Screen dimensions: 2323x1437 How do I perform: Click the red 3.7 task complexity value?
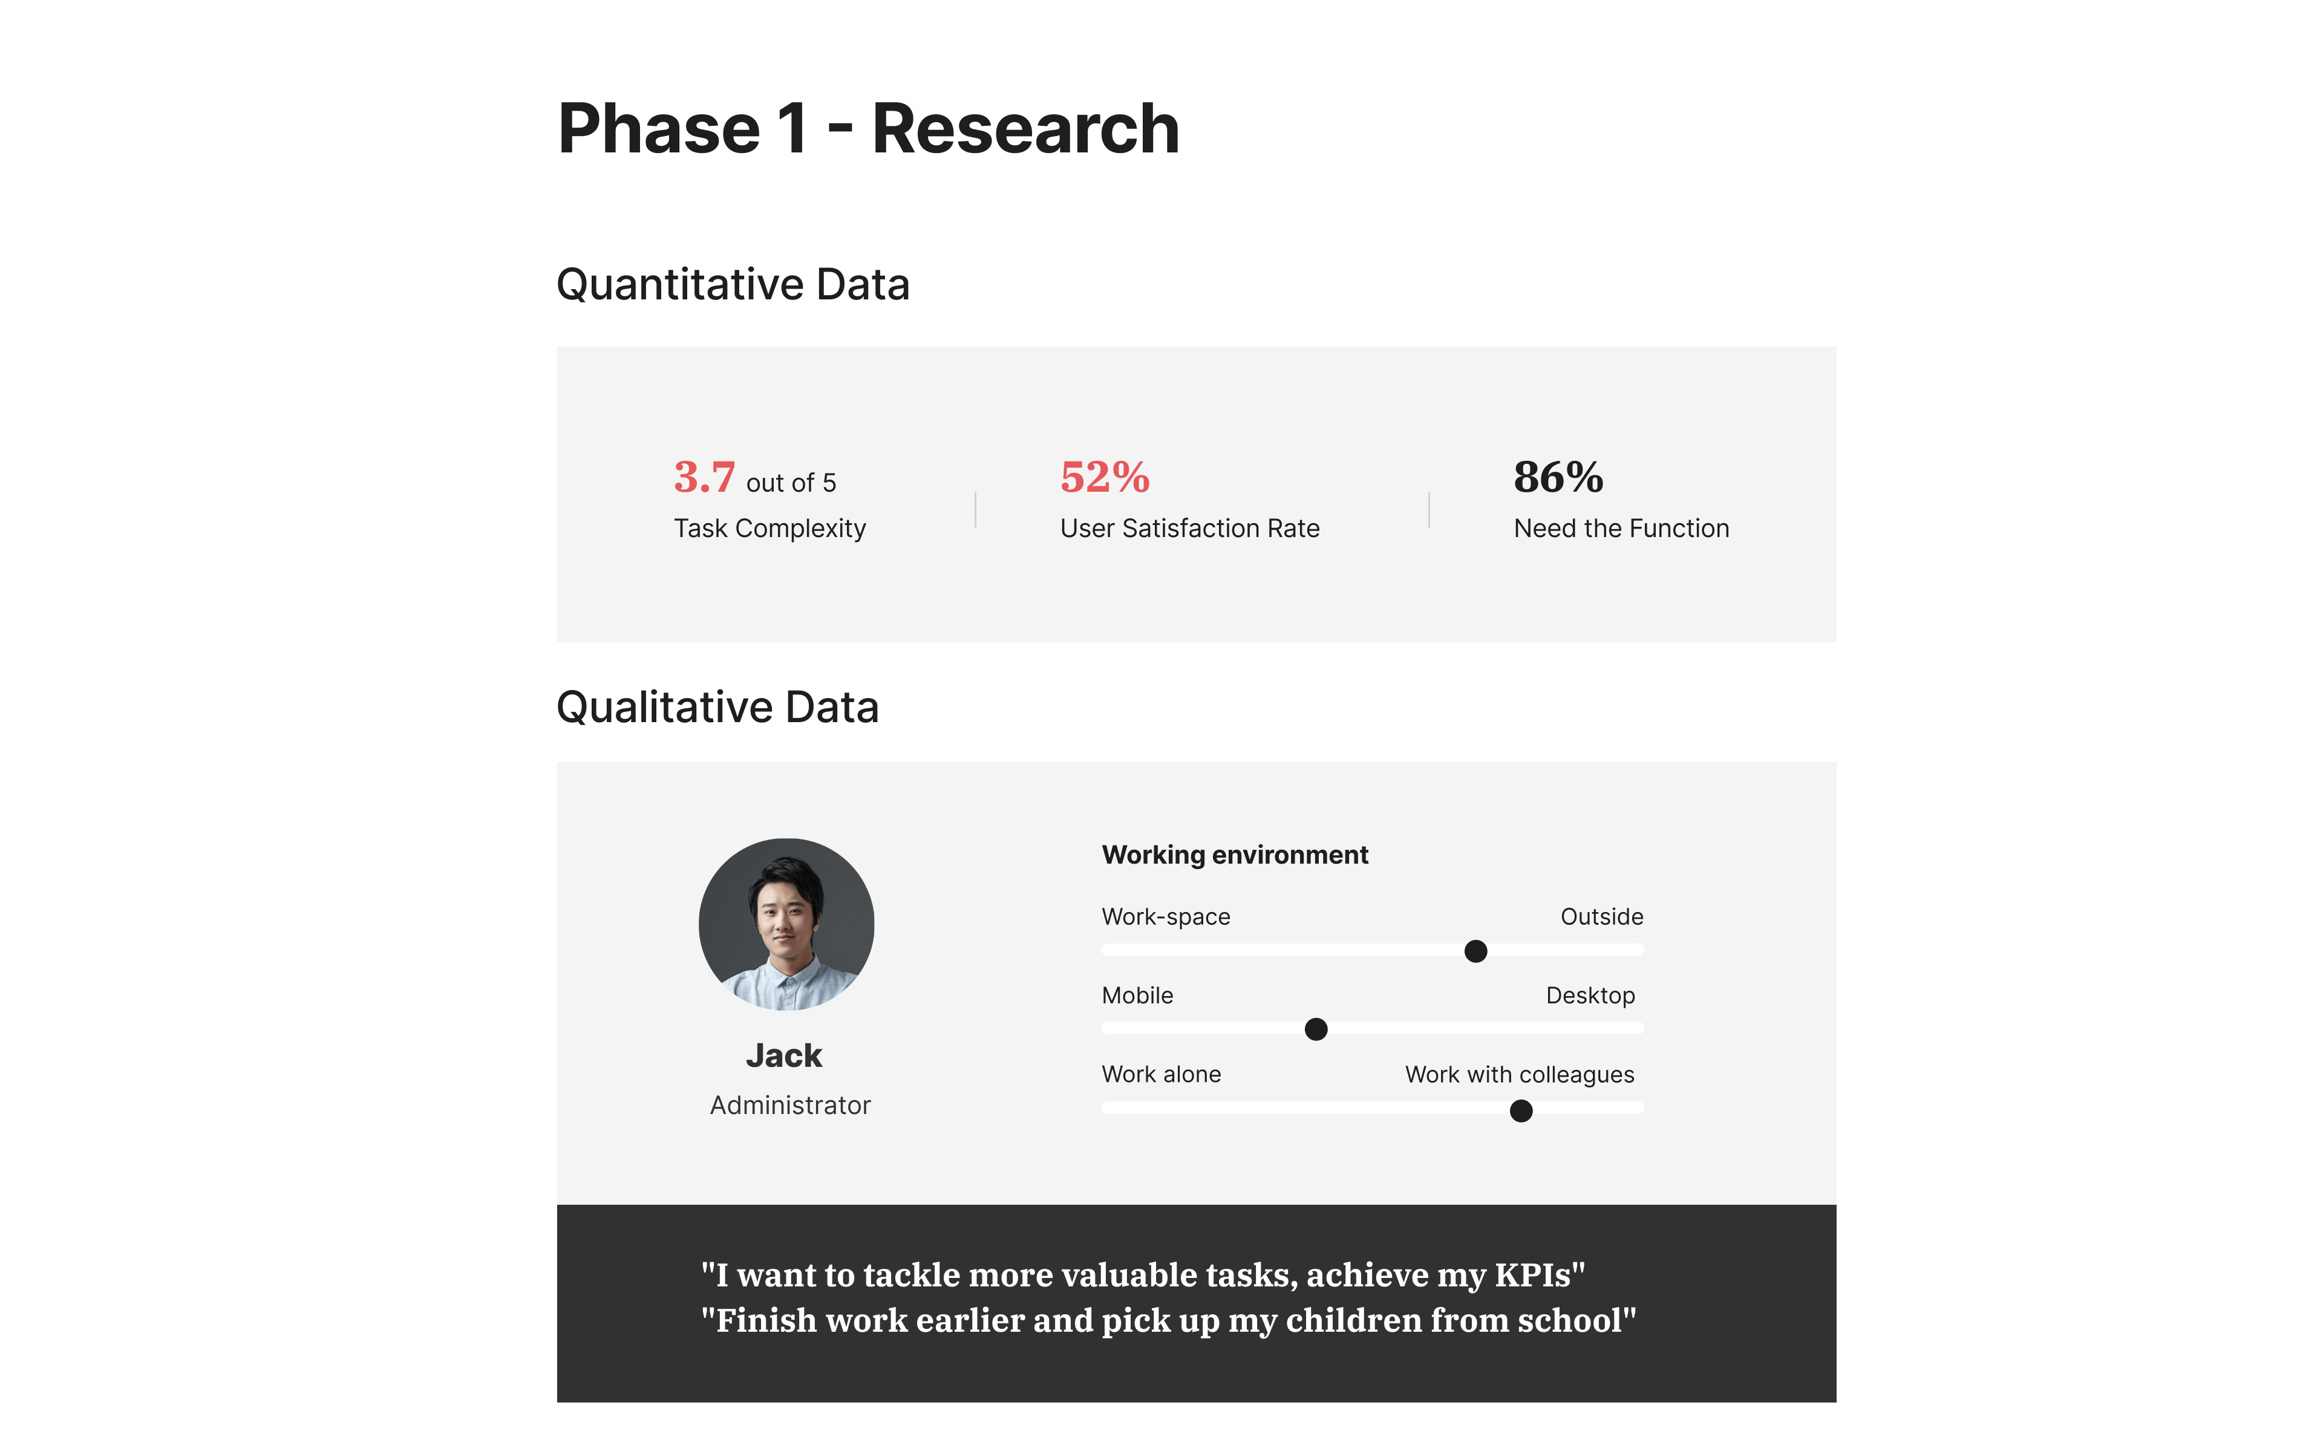[x=704, y=477]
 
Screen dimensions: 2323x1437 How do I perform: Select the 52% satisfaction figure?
[x=1105, y=477]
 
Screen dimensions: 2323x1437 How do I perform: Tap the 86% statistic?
[x=1558, y=477]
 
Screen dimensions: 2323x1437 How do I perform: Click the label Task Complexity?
[x=770, y=529]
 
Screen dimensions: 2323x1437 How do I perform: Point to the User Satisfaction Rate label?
[x=1190, y=529]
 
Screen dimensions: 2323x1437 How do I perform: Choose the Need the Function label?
[x=1621, y=529]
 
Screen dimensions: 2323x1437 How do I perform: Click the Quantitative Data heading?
[x=733, y=284]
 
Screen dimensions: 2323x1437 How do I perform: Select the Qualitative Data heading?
[x=717, y=707]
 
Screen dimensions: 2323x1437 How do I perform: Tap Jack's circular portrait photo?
[x=786, y=924]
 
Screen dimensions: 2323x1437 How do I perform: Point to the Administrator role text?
[x=790, y=1106]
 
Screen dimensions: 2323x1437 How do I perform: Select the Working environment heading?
[x=1235, y=855]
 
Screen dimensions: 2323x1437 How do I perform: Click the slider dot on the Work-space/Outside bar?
[x=1475, y=951]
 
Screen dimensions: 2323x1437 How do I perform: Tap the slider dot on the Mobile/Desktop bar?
[x=1316, y=1029]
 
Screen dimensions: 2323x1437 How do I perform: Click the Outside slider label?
[x=1601, y=917]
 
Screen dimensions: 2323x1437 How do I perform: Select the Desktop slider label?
[x=1590, y=996]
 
